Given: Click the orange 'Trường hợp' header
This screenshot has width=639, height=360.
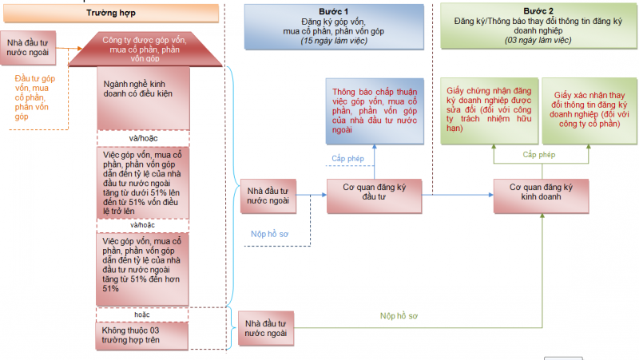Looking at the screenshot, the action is (111, 13).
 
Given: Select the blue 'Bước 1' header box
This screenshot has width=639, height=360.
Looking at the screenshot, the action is (334, 26).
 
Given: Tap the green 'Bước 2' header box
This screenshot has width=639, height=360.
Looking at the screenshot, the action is (538, 26).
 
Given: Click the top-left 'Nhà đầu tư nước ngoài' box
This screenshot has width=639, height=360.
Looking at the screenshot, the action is (28, 48).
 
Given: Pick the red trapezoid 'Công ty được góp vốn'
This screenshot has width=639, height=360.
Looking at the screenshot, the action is (145, 49).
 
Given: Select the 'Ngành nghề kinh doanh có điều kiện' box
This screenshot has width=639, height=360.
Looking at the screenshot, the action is (143, 98).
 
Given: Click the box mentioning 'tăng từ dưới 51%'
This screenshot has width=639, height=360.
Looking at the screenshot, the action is (143, 183).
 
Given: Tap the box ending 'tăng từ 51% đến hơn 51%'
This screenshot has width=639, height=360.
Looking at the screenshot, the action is (142, 269).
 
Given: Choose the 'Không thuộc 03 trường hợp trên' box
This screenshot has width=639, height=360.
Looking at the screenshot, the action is (142, 336).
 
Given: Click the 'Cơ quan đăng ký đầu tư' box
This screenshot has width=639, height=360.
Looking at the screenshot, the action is (374, 196).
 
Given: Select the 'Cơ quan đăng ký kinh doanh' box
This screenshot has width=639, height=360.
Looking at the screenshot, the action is (542, 196).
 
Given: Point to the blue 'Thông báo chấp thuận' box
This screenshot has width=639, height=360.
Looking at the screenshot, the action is (375, 111).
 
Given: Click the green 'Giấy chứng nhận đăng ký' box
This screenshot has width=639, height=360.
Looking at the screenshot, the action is (489, 111).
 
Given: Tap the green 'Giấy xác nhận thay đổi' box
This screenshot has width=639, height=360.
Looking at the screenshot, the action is (589, 111).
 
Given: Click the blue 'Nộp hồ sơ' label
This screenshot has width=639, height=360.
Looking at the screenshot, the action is (269, 234).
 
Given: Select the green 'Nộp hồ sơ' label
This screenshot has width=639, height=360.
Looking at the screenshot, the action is (399, 316).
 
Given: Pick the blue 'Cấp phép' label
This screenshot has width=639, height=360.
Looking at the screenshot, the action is (347, 158).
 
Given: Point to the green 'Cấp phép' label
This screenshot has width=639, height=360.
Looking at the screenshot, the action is (538, 155).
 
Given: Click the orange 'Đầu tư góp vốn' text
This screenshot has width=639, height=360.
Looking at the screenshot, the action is (34, 97).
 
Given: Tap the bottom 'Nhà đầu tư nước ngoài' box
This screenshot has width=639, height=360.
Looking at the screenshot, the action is (266, 329).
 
